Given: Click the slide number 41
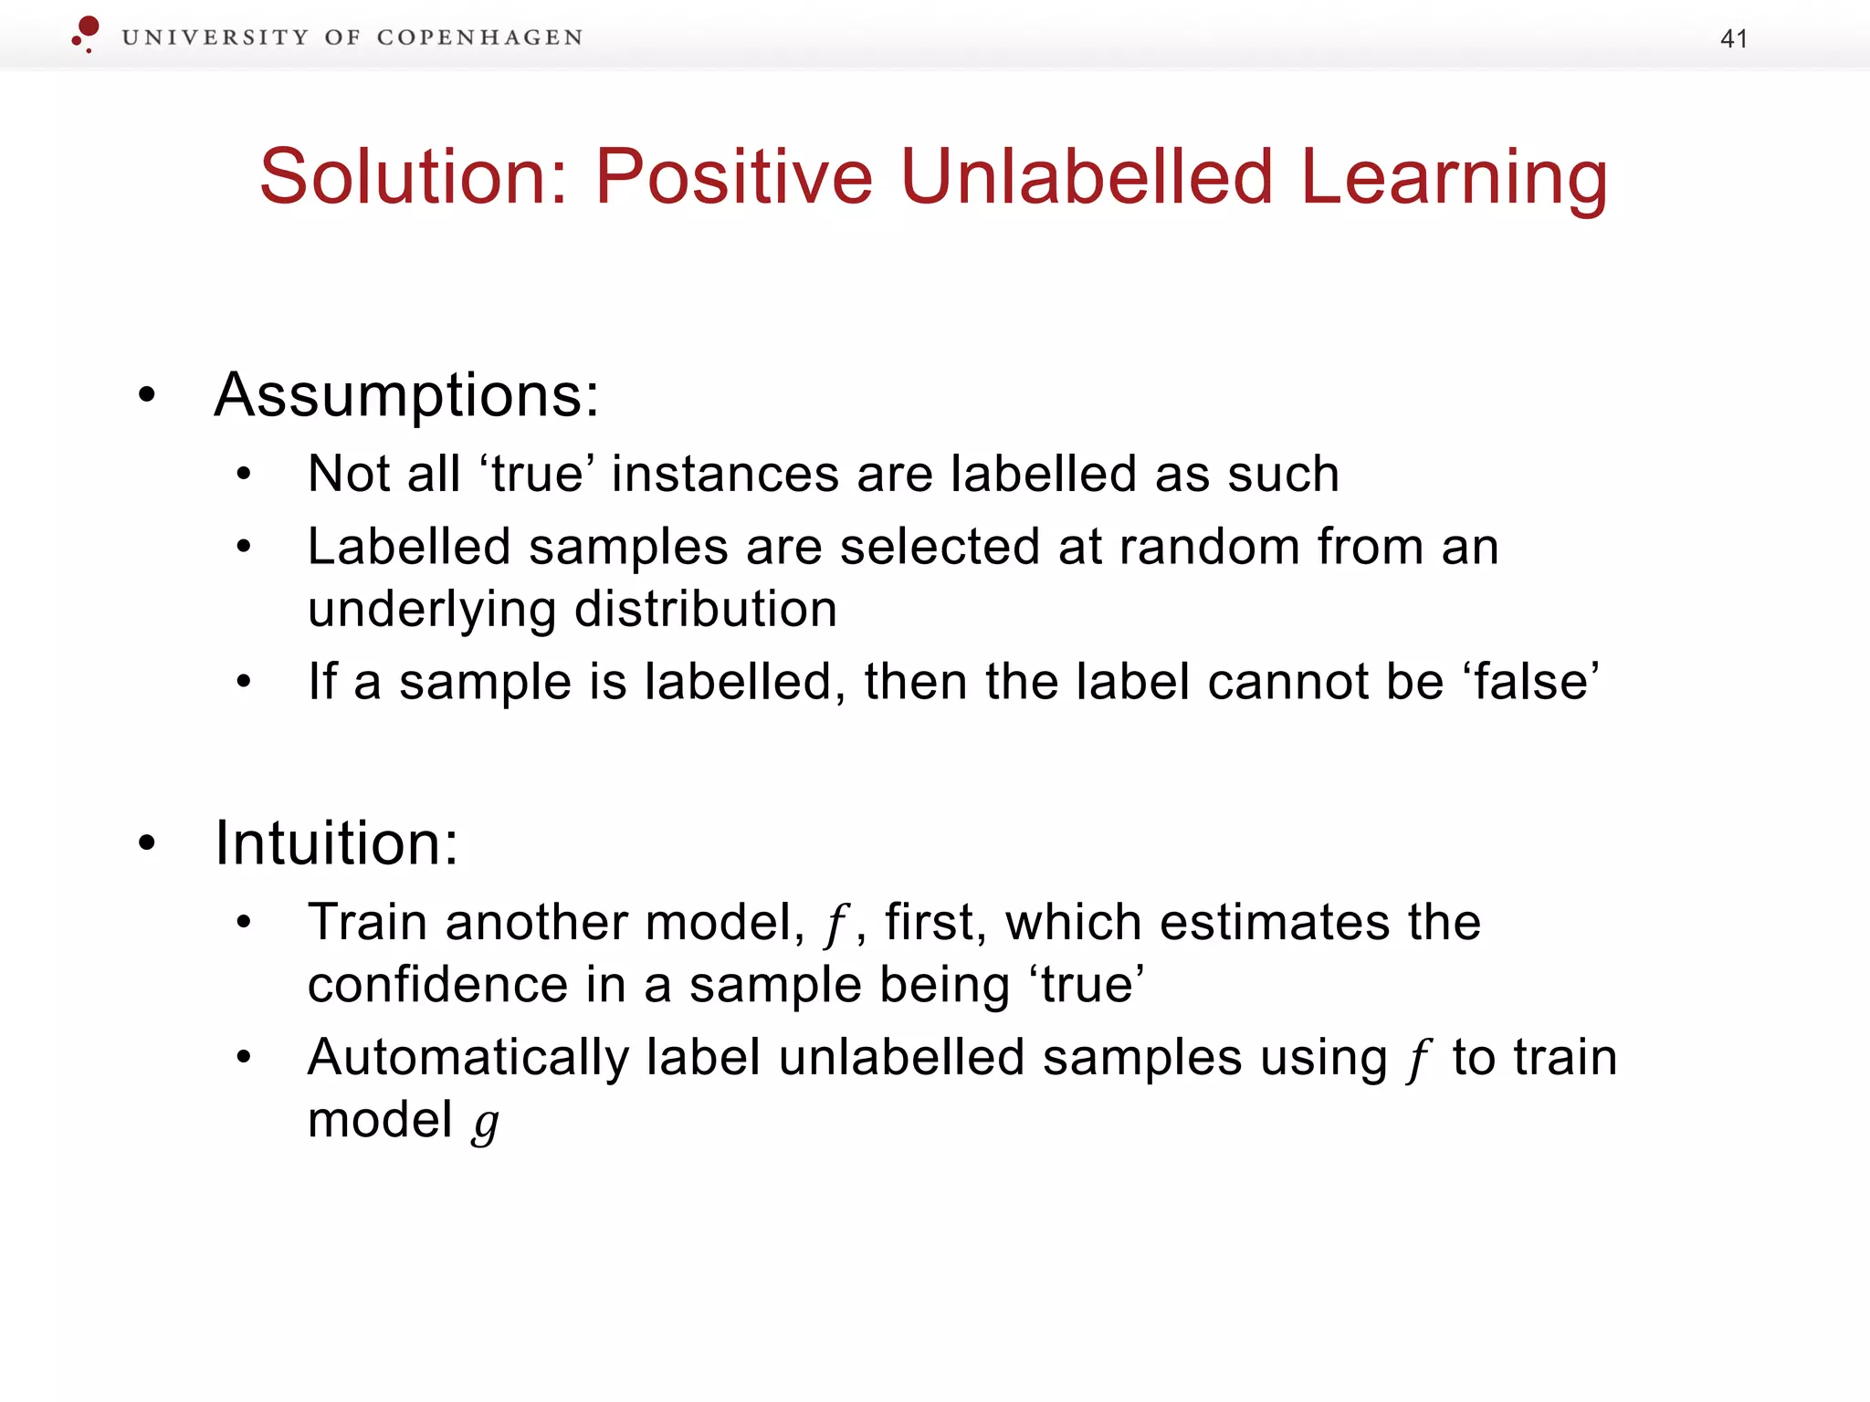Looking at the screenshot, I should click(1733, 38).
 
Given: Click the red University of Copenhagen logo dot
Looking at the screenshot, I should click(88, 26).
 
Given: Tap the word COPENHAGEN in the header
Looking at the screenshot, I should click(479, 37).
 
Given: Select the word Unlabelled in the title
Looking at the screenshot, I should click(1086, 177).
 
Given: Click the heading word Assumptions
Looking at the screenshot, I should click(406, 396).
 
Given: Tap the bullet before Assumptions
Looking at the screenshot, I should click(147, 396).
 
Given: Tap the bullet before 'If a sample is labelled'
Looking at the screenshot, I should click(243, 682).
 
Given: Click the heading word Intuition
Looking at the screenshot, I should click(334, 843).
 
